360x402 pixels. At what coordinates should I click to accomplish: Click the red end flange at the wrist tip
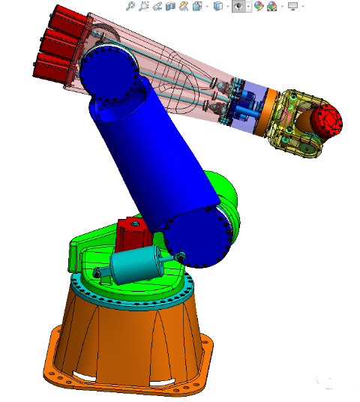tap(328, 120)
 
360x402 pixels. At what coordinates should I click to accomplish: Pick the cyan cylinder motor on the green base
tap(136, 264)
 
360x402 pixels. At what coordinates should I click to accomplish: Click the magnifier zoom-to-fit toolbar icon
tap(130, 7)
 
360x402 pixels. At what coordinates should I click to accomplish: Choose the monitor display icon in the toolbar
tap(292, 7)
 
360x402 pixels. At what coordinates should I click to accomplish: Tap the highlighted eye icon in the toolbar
tap(239, 7)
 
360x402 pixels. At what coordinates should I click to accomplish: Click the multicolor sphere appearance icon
tap(259, 7)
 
